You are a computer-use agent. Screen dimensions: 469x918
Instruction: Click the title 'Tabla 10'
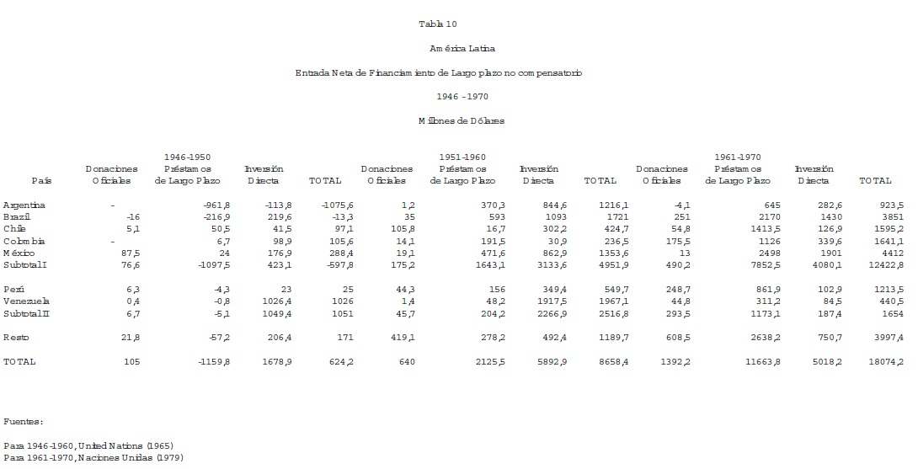[437, 24]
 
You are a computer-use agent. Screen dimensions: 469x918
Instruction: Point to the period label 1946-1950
[187, 157]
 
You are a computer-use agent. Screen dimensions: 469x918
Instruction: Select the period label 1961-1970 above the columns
[737, 157]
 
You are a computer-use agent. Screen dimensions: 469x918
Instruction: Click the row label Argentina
[24, 205]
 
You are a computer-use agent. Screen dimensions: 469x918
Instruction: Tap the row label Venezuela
[25, 301]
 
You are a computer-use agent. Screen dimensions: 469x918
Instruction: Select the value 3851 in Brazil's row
[892, 216]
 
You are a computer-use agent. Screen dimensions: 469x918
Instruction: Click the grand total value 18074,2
[885, 361]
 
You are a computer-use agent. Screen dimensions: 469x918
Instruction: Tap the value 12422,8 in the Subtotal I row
[885, 264]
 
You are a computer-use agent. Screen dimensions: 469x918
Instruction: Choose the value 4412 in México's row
[892, 253]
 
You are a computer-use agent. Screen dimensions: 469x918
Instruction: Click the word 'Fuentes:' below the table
[23, 421]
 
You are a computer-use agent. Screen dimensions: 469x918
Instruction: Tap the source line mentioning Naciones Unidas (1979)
[93, 457]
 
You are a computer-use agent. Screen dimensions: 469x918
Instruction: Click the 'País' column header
[41, 180]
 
